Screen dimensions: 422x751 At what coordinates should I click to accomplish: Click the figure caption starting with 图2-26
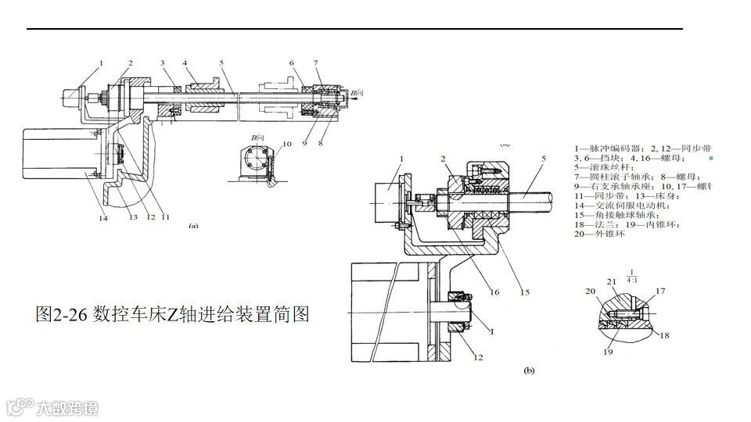click(173, 315)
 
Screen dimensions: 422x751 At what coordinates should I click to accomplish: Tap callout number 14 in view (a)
click(103, 218)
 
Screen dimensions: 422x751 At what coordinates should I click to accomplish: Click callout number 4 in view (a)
click(185, 63)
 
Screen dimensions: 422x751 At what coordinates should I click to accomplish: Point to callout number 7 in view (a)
click(316, 63)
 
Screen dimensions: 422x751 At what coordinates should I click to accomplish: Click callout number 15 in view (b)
click(525, 293)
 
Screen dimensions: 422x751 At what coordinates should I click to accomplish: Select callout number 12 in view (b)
click(479, 359)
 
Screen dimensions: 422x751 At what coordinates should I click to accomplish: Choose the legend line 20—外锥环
click(605, 237)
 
